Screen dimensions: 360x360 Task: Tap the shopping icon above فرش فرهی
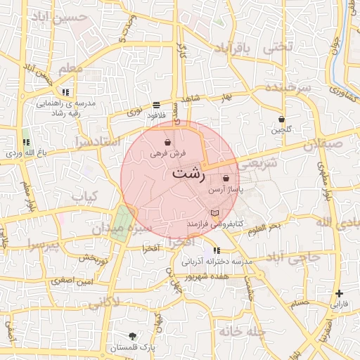pyautogui.click(x=167, y=142)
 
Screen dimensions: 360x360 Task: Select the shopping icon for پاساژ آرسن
pyautogui.click(x=225, y=179)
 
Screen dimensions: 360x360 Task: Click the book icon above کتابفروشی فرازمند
pyautogui.click(x=214, y=213)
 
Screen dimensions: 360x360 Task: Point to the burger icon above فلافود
pyautogui.click(x=155, y=105)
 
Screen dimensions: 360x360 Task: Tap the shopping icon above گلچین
pyautogui.click(x=282, y=119)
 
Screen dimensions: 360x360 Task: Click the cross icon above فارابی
pyautogui.click(x=340, y=293)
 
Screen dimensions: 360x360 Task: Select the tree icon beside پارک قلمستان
pyautogui.click(x=133, y=337)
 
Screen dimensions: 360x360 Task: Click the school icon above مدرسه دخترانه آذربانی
pyautogui.click(x=216, y=250)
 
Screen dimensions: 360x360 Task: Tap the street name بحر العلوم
pyautogui.click(x=264, y=226)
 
